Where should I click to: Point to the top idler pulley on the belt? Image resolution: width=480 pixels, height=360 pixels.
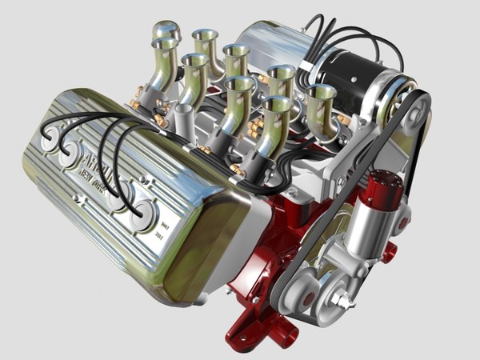[413, 113]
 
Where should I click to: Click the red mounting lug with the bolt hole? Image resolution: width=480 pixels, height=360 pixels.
[389, 254]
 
